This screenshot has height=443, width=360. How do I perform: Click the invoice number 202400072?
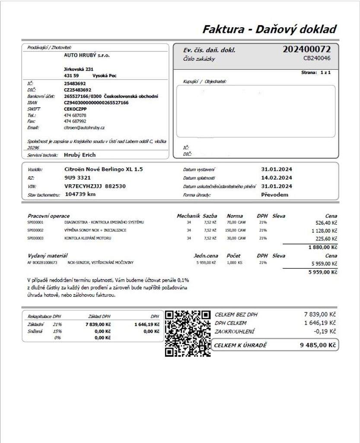[306, 49]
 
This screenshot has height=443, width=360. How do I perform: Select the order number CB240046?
[317, 58]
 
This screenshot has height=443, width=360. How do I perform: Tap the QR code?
[188, 333]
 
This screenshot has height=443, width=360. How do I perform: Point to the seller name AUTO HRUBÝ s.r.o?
[87, 55]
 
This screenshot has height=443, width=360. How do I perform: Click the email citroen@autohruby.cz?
[84, 128]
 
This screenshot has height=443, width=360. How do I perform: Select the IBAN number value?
[96, 103]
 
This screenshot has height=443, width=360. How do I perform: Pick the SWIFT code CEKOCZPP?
[75, 109]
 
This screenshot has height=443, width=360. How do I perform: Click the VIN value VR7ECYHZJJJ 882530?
[95, 186]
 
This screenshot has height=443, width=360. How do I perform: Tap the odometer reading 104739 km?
[80, 194]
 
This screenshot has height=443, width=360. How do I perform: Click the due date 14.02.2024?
[277, 177]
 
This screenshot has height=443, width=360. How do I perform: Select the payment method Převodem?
[274, 195]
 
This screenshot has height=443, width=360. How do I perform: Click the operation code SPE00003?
[35, 238]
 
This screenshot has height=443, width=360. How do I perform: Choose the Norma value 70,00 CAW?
[236, 222]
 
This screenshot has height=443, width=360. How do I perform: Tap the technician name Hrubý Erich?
[80, 155]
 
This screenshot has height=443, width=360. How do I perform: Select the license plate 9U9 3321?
[77, 177]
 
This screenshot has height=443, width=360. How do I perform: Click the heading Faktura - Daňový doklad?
[269, 29]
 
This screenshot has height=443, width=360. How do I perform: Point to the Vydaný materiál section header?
[48, 256]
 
